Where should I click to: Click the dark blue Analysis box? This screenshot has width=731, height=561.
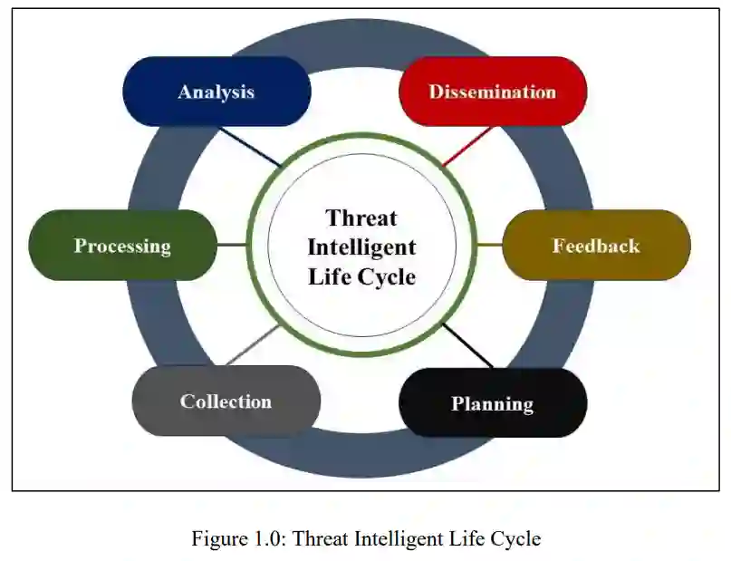pos(216,92)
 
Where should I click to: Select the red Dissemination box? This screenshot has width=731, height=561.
pos(493,92)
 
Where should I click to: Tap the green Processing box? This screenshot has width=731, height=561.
pos(122,246)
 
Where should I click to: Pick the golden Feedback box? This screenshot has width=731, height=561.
pos(596,246)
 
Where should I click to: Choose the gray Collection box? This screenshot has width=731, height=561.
pos(226,401)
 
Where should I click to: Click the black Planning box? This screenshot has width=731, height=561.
pos(493,403)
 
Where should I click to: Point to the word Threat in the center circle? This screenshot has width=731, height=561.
pos(361,218)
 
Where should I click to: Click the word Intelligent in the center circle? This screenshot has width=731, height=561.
pos(361,247)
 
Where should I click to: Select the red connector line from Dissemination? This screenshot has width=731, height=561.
pos(468,146)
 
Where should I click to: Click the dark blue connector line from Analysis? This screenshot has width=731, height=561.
pos(251,147)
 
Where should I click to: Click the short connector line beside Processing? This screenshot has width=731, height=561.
pos(232,245)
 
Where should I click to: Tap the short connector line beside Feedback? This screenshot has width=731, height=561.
pos(489,245)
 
